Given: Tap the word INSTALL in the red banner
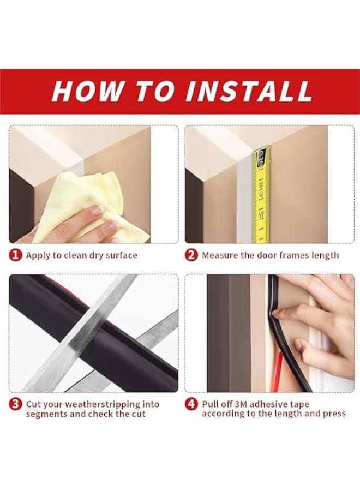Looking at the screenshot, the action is (x=248, y=92).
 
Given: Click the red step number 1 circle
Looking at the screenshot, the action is (x=16, y=255).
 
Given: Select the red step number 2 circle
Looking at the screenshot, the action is (x=191, y=255).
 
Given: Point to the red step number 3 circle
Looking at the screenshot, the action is (x=16, y=404).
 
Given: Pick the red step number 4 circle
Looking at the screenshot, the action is (x=191, y=404).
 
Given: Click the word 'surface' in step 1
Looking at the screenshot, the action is (x=122, y=255).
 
